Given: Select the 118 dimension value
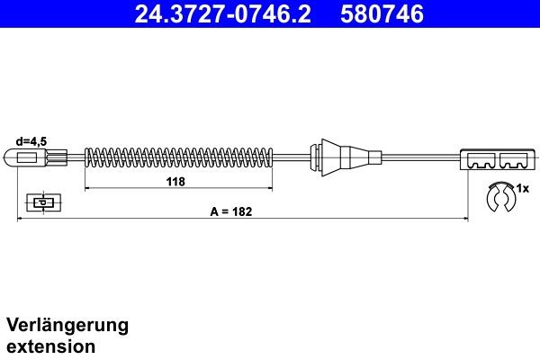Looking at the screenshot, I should (x=175, y=181).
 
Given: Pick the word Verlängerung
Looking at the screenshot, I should (x=67, y=324).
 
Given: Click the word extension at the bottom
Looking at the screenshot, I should (x=50, y=346).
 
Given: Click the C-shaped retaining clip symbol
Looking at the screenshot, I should (x=498, y=196).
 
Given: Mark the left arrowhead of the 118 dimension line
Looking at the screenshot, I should (x=88, y=189).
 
